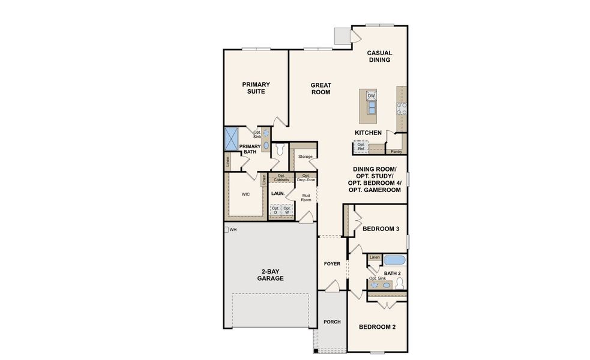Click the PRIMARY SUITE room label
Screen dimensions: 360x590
[256, 88]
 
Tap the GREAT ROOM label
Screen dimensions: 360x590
[321, 89]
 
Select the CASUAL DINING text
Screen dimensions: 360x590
[379, 56]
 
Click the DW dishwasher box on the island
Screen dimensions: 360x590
[371, 96]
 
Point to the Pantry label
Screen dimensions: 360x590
[396, 152]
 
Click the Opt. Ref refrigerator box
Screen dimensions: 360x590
[361, 146]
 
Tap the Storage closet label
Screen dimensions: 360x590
[305, 157]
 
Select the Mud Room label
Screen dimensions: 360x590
[306, 197]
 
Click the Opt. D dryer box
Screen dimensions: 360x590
[275, 211]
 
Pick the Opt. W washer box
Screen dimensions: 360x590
[287, 211]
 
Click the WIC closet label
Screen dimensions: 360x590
[245, 194]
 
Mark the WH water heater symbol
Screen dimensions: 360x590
[226, 229]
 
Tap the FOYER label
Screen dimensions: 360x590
[332, 263]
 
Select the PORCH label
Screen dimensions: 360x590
[332, 322]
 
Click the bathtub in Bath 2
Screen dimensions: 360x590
[394, 260]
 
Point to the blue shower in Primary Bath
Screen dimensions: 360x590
[230, 139]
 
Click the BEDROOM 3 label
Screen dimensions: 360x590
[381, 229]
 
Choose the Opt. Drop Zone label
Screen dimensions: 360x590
[305, 178]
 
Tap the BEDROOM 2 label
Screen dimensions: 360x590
[377, 327]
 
